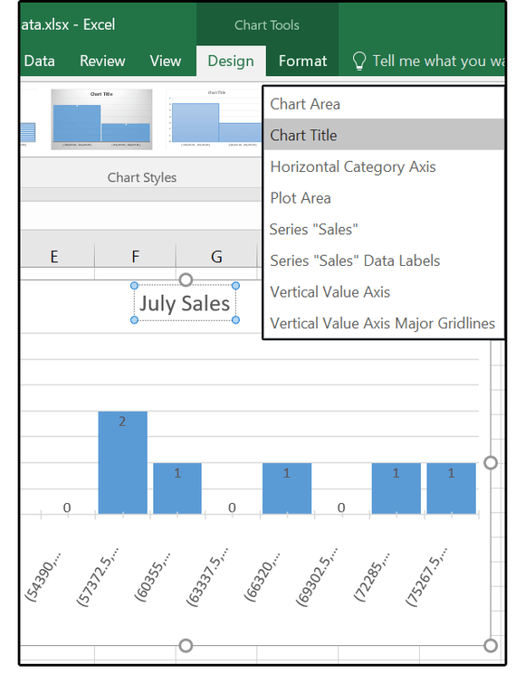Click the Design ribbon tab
click(231, 62)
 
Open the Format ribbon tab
click(302, 62)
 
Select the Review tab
click(102, 62)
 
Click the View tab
click(166, 62)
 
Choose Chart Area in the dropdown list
click(305, 104)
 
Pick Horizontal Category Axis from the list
click(353, 166)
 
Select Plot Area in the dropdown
click(301, 198)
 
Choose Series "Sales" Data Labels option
click(355, 261)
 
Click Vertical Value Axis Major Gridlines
click(382, 323)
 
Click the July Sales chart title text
click(185, 303)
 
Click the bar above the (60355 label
click(177, 489)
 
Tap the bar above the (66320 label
click(287, 489)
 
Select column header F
click(135, 257)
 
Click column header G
click(216, 257)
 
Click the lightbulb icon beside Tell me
click(358, 62)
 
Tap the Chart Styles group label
click(142, 177)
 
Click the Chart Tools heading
click(267, 24)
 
